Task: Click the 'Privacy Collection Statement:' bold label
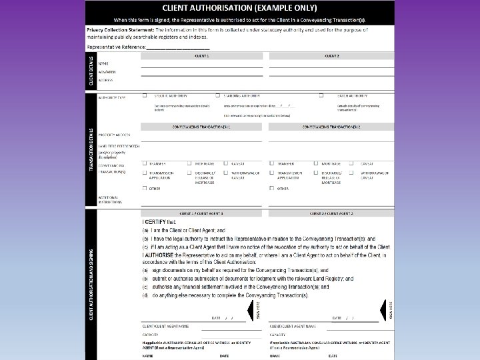(x=119, y=31)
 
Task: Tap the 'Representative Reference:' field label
(x=116, y=48)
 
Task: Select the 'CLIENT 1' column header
(x=201, y=56)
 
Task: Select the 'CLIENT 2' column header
(x=331, y=56)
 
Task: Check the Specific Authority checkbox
(x=145, y=95)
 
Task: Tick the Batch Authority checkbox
(x=321, y=95)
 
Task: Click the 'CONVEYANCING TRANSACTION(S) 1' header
(x=201, y=126)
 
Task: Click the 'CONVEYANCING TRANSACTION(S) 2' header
(x=331, y=126)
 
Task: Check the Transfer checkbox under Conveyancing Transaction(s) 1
(x=145, y=163)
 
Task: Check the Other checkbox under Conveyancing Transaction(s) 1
(x=145, y=188)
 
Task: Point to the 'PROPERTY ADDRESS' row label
(x=114, y=135)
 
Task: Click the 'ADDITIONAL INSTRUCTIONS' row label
(x=110, y=199)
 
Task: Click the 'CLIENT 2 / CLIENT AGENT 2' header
(x=331, y=213)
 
